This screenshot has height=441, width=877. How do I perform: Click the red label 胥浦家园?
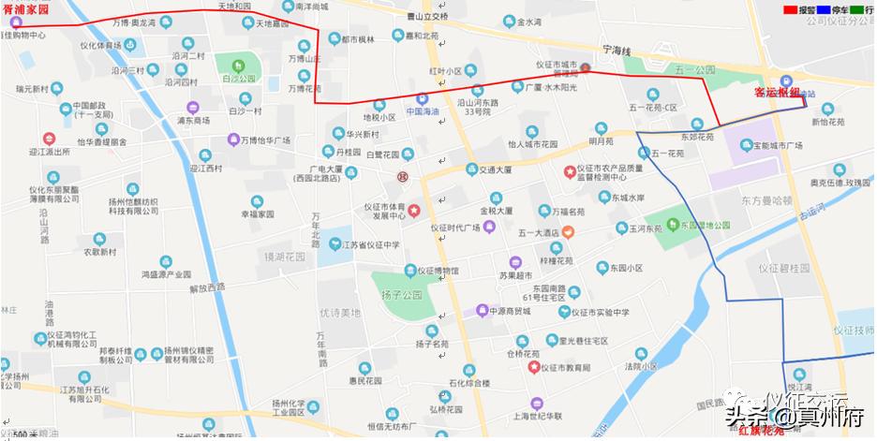pyautogui.click(x=25, y=7)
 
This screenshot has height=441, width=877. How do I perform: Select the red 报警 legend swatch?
pyautogui.click(x=792, y=8)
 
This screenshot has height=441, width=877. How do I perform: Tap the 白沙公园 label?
pyautogui.click(x=240, y=79)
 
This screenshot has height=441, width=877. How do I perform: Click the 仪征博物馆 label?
pyautogui.click(x=438, y=271)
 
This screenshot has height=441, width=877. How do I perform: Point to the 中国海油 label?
pyautogui.click(x=424, y=110)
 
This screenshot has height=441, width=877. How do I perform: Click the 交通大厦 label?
pyautogui.click(x=495, y=169)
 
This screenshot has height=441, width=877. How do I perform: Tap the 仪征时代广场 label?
pyautogui.click(x=455, y=228)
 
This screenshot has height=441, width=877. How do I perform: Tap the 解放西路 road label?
pyautogui.click(x=208, y=287)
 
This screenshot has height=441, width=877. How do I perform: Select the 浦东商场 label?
pyautogui.click(x=193, y=121)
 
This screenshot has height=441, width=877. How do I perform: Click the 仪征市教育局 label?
pyautogui.click(x=566, y=368)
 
